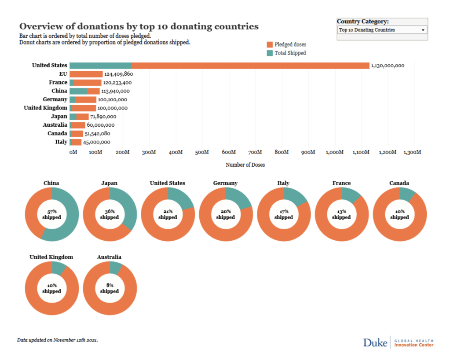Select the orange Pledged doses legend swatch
tap(270, 44)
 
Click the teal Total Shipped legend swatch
tap(270, 53)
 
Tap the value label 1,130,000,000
tap(388, 66)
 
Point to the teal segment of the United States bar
tap(100, 66)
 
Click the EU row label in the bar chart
tap(63, 74)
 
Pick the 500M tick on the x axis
tap(202, 152)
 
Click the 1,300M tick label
tap(412, 152)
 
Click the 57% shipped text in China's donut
tap(51, 214)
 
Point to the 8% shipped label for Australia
tap(110, 288)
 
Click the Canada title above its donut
tap(399, 183)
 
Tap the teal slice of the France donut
tap(351, 194)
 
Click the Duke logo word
tap(375, 342)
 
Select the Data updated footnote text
tap(57, 340)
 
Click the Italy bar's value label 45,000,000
tap(97, 142)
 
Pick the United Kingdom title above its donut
tap(51, 257)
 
